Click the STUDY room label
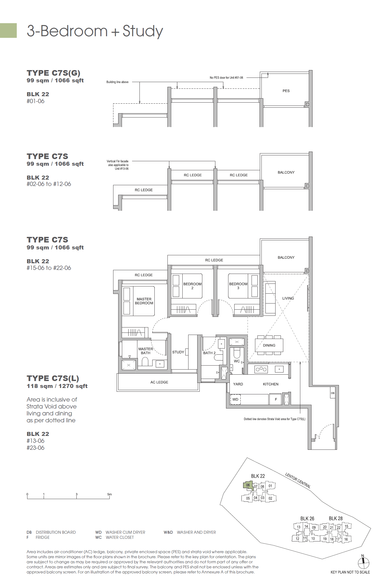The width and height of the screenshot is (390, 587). pyautogui.click(x=178, y=352)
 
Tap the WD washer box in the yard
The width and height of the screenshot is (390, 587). pyautogui.click(x=235, y=399)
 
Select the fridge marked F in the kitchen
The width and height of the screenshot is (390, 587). pyautogui.click(x=276, y=399)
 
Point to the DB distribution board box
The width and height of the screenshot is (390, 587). pyautogui.click(x=332, y=393)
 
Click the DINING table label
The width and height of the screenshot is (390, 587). pyautogui.click(x=269, y=345)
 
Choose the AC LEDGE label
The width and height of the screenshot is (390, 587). pyautogui.click(x=159, y=382)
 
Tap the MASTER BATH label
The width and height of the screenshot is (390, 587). pyautogui.click(x=146, y=351)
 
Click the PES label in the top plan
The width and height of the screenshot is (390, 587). pyautogui.click(x=286, y=91)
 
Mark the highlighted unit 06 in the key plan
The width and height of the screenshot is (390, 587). pyautogui.click(x=248, y=485)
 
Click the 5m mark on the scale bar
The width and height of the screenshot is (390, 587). pyautogui.click(x=109, y=495)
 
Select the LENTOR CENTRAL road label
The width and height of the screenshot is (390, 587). pyautogui.click(x=298, y=480)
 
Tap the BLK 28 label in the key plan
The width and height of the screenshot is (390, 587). pyautogui.click(x=335, y=519)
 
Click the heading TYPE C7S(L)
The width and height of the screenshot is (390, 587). pyautogui.click(x=53, y=378)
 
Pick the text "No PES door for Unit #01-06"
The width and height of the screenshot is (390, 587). pyautogui.click(x=226, y=78)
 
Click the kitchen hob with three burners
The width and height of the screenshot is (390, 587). pyautogui.click(x=261, y=369)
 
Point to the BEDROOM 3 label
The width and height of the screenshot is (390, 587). pyautogui.click(x=238, y=286)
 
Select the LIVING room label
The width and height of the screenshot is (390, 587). pyautogui.click(x=288, y=298)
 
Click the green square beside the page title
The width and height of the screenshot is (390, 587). pyautogui.click(x=8, y=30)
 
